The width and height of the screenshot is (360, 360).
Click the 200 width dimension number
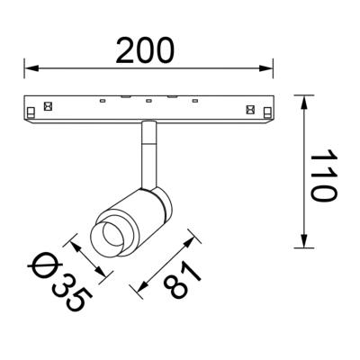pos(145,50)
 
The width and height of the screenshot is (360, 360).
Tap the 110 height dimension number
pos(323,175)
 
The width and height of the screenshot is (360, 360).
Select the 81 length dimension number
pos(183,279)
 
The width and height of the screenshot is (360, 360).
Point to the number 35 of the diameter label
pos(72,294)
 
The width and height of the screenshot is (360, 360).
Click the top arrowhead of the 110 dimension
pos(304,103)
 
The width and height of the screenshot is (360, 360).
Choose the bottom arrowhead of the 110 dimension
pos(304,240)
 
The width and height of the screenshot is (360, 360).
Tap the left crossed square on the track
pos(48,106)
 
